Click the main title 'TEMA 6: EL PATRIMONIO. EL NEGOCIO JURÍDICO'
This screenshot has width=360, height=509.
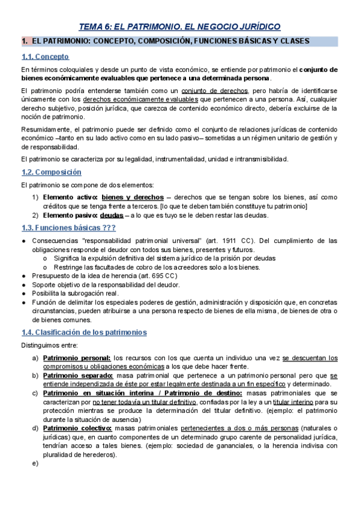[180, 26]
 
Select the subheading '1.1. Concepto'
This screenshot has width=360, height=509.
[45, 57]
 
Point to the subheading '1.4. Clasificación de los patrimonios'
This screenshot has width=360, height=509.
[83, 333]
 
